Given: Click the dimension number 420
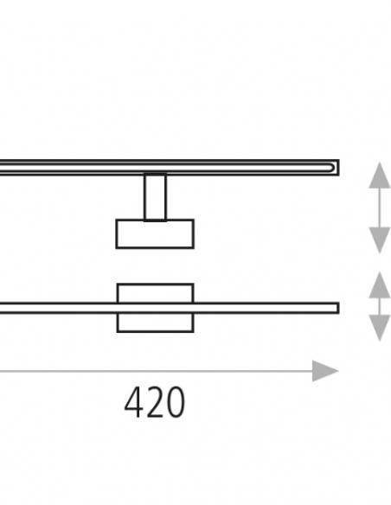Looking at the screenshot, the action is pos(155,402).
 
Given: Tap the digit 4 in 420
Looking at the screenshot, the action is pos(133,402).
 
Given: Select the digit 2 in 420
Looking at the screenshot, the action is pos(154,402).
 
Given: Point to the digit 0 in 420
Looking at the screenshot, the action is pos(176,403).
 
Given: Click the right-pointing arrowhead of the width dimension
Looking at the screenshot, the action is pos(325,371).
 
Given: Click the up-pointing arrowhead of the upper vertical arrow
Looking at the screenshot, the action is pos(380,176).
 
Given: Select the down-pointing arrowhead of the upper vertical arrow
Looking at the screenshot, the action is pos(380,240).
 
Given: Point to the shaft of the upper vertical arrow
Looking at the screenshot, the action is pos(380,208).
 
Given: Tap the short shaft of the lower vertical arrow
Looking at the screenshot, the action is pos(380,306).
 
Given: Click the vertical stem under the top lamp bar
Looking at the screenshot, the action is pos(155,197).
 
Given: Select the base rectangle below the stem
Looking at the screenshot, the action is pos(155,234).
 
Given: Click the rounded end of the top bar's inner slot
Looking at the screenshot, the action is pos(331,168).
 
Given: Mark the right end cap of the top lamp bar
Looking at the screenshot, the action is pos(337,168).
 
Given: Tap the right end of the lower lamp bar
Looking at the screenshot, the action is pos(337,308).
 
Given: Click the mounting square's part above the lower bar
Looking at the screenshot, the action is pos(155,293).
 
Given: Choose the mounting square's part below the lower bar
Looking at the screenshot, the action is pos(155,323).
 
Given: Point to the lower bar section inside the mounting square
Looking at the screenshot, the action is pos(155,308).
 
